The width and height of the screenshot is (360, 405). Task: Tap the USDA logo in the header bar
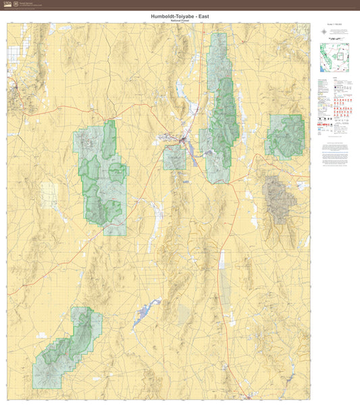click(8, 4)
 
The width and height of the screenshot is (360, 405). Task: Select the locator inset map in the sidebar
click(334, 58)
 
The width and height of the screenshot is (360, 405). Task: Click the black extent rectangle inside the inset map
click(336, 56)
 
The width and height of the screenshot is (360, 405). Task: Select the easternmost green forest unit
click(286, 136)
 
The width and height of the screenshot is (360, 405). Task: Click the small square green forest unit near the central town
click(175, 158)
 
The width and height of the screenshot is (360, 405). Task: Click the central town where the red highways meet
click(183, 139)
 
